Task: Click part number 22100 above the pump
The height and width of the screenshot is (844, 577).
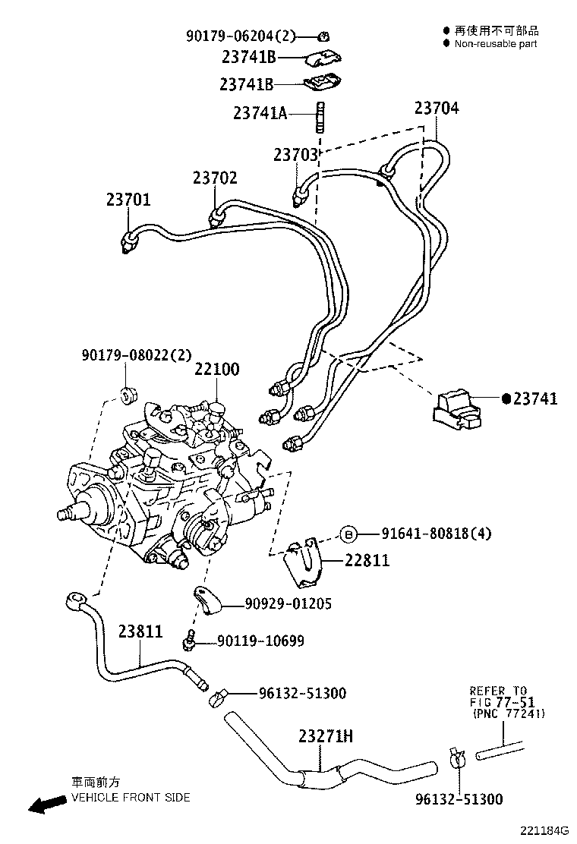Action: coord(216,370)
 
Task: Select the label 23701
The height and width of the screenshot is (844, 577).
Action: coord(128,200)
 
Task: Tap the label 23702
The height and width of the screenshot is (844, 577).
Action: coord(215,178)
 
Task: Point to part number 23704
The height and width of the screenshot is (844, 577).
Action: coord(437,109)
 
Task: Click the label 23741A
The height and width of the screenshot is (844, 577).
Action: coord(260,113)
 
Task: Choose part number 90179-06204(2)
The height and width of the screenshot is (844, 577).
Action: coord(240,35)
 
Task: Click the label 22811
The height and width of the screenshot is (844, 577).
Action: coord(367,560)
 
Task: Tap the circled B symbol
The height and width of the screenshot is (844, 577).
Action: coord(348,534)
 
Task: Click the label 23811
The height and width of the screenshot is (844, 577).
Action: coord(140,631)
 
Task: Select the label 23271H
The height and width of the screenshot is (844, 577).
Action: coord(326,736)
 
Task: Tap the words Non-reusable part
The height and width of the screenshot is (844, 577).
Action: coord(496,44)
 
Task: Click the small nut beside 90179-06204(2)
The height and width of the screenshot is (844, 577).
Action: coord(324,35)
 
